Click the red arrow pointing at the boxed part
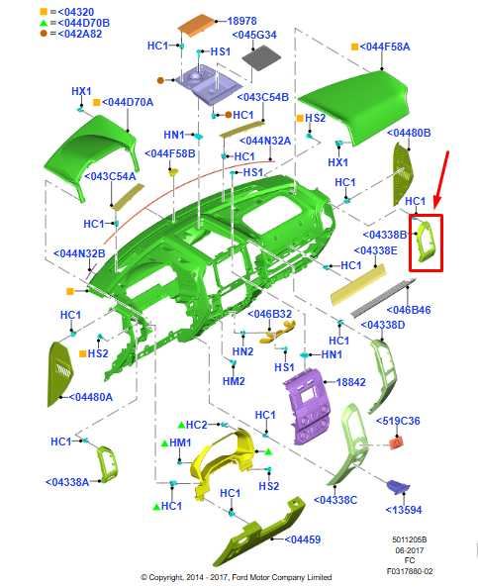tap(441, 179)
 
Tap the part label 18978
tap(241, 21)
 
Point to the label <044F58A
tap(385, 47)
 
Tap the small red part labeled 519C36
tap(396, 442)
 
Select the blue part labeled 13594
tap(398, 486)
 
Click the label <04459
tap(303, 539)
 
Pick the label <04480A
tap(91, 397)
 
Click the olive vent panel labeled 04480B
tap(403, 173)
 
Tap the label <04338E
tap(375, 250)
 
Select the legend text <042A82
tap(80, 34)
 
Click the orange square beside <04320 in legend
tap(44, 13)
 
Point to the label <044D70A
tap(128, 102)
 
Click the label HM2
tap(234, 381)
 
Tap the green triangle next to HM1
tap(164, 443)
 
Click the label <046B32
tap(269, 314)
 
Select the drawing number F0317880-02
tap(410, 571)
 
